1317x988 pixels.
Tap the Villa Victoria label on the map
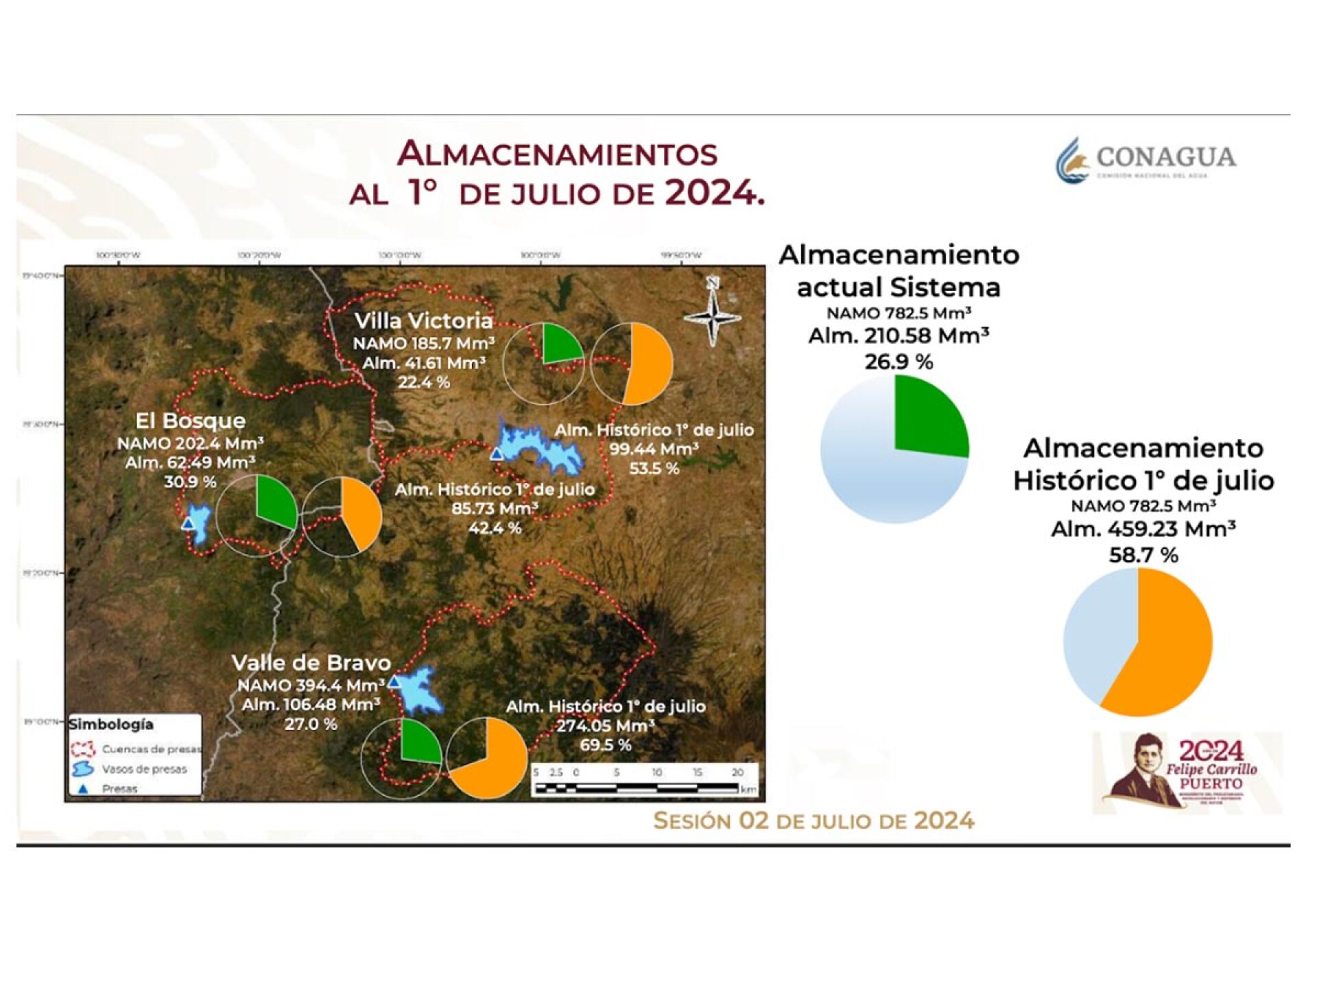(423, 320)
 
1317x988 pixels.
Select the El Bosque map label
(190, 421)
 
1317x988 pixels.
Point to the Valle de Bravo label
(311, 663)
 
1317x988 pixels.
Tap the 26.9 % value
(899, 362)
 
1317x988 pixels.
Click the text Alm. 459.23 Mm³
(1143, 529)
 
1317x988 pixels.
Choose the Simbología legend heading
(111, 725)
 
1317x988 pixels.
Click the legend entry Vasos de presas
(144, 769)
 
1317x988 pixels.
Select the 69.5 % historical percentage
(606, 745)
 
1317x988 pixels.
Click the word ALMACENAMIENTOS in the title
(557, 154)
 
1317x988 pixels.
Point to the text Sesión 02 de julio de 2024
(814, 821)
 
